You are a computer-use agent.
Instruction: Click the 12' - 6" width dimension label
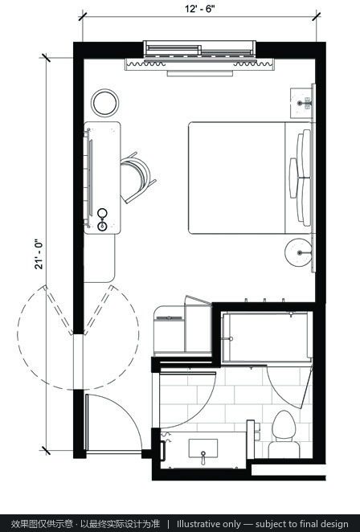(200, 9)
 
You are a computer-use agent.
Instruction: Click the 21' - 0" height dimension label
(39, 254)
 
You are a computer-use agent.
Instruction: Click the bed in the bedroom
(250, 178)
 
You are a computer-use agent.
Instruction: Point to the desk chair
(137, 178)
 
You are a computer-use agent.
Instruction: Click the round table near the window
(104, 103)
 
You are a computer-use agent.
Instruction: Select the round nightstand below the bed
(298, 252)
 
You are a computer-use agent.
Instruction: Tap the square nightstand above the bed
(301, 103)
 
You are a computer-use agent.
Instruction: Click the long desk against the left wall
(102, 178)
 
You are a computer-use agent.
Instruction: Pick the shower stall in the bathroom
(266, 338)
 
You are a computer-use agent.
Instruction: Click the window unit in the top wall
(199, 50)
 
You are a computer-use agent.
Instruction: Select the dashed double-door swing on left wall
(78, 338)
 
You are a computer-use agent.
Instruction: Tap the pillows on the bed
(301, 178)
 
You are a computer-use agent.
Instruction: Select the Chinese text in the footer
(85, 523)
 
